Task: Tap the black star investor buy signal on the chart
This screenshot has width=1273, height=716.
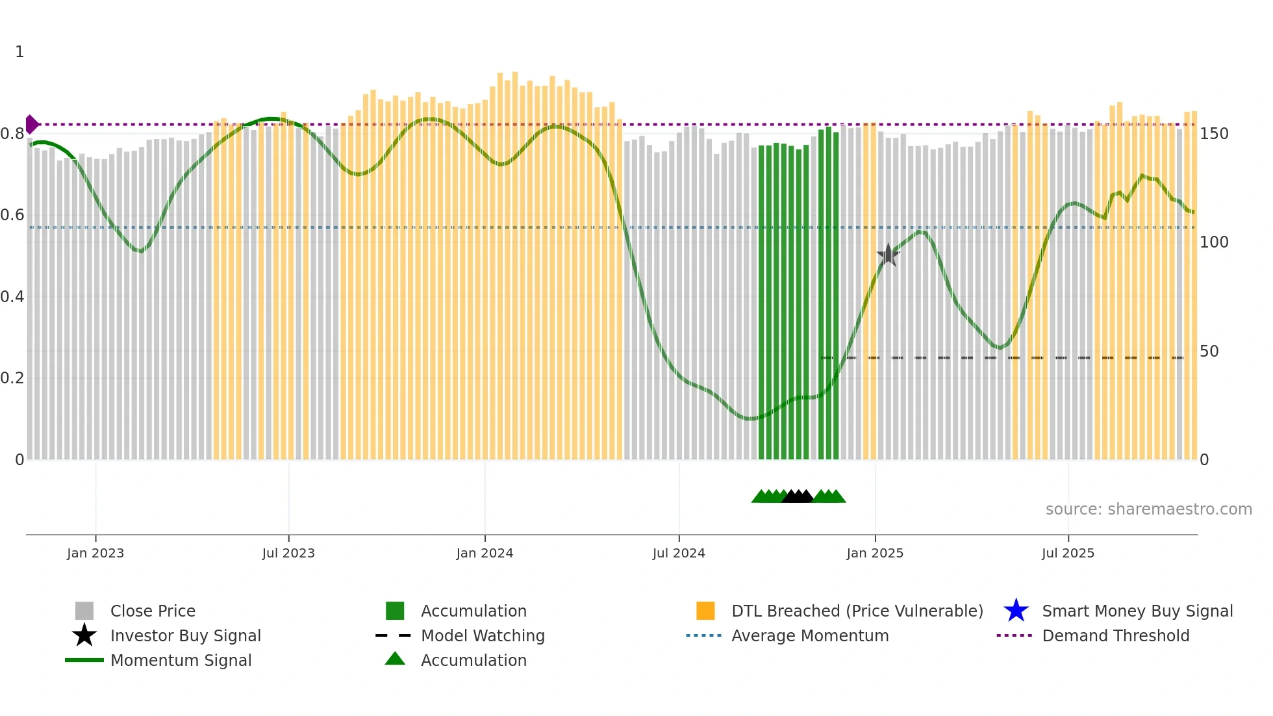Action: pyautogui.click(x=888, y=255)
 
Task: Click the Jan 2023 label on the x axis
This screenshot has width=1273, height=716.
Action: pyautogui.click(x=95, y=553)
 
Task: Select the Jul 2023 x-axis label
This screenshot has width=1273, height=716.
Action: pyautogui.click(x=288, y=553)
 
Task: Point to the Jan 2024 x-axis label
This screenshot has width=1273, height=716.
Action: pyautogui.click(x=485, y=553)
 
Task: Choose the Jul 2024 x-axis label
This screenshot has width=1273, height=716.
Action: pyautogui.click(x=679, y=553)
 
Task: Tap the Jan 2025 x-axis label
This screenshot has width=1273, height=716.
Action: pyautogui.click(x=875, y=553)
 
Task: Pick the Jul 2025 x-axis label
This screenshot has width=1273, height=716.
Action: pyautogui.click(x=1068, y=553)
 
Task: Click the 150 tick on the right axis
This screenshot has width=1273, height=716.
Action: pyautogui.click(x=1214, y=134)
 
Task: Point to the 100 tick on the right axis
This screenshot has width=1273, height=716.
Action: pyautogui.click(x=1214, y=242)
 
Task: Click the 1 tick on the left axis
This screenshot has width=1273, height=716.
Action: pyautogui.click(x=19, y=52)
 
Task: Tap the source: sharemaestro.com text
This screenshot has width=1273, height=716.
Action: pyautogui.click(x=1148, y=509)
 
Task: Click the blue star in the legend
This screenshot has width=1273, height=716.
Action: pyautogui.click(x=1016, y=611)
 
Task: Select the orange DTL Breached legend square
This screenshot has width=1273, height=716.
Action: pyautogui.click(x=705, y=611)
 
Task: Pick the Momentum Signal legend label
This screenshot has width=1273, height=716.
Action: pyautogui.click(x=181, y=660)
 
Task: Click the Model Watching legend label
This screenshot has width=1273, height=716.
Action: pyautogui.click(x=483, y=635)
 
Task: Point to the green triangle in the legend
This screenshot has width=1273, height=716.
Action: pyautogui.click(x=395, y=659)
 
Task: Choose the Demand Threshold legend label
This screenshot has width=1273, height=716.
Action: pyautogui.click(x=1115, y=635)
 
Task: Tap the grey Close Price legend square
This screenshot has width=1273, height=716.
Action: pyautogui.click(x=84, y=611)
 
